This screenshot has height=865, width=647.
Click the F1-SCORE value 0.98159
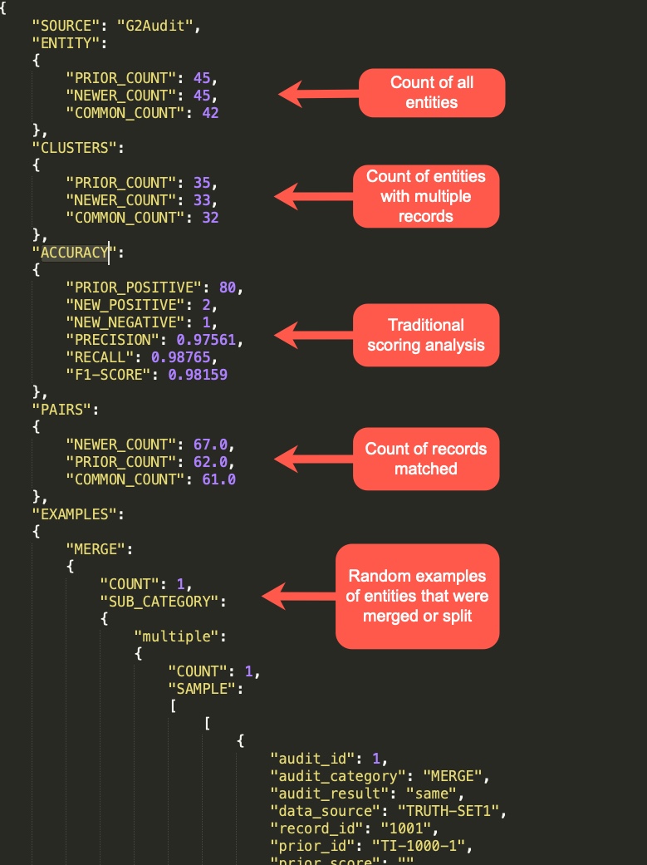(198, 375)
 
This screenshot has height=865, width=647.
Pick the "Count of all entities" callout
(431, 92)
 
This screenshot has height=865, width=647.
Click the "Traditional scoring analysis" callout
(426, 335)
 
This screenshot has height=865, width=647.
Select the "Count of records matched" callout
(426, 459)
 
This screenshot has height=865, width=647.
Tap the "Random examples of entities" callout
(417, 597)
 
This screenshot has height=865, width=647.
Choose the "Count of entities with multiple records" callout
(426, 196)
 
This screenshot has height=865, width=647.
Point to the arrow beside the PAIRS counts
(313, 458)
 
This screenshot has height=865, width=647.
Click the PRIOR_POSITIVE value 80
(228, 288)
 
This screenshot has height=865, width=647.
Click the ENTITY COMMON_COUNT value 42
(210, 112)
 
